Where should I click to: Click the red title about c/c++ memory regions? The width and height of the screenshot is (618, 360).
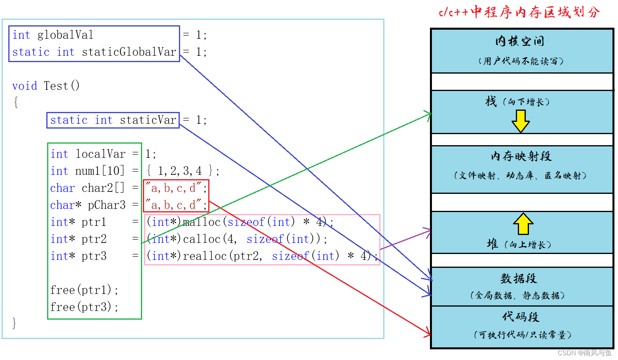[519, 12]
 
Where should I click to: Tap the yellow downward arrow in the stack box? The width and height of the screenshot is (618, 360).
[521, 121]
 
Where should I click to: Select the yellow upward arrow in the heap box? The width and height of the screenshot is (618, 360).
[523, 224]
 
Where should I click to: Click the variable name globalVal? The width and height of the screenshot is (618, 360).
[65, 35]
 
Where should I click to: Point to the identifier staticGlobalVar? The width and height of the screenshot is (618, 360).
[129, 52]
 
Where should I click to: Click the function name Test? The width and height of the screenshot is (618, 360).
[56, 86]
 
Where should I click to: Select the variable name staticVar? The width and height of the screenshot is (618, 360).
[148, 120]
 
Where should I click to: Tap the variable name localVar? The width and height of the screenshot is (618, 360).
[101, 154]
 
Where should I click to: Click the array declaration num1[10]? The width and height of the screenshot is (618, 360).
[100, 171]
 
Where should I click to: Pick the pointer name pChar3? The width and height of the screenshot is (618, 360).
[106, 205]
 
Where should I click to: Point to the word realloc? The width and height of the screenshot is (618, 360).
[205, 256]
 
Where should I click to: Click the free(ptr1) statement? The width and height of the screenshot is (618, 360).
[84, 290]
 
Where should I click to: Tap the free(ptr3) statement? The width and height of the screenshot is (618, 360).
[84, 307]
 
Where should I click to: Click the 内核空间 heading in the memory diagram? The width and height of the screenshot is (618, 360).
[519, 41]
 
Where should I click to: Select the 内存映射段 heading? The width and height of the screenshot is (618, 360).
[521, 156]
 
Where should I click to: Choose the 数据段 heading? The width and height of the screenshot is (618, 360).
[519, 279]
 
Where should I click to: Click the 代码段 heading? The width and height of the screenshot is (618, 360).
[521, 317]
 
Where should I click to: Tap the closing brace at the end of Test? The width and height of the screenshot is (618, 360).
[14, 323]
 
